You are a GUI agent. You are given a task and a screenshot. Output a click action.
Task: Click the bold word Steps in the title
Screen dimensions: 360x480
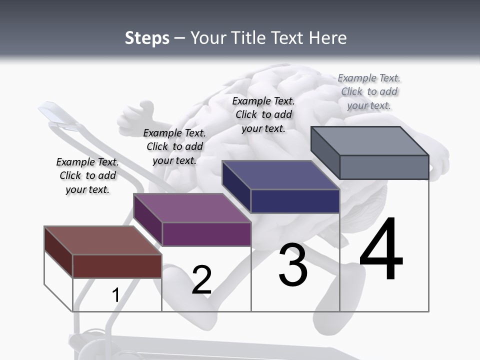tap(147, 38)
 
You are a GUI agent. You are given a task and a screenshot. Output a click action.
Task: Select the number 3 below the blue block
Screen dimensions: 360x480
tap(293, 265)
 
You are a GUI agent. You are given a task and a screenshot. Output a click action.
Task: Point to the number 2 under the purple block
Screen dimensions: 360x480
tap(201, 280)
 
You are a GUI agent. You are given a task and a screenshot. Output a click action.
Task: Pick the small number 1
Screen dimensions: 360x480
tap(115, 295)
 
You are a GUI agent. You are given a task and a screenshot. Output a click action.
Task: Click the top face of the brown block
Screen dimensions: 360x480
tap(102, 240)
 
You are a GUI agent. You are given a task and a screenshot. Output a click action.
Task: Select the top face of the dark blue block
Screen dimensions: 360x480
tap(280, 175)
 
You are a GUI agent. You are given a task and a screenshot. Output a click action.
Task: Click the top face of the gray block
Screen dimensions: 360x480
tap(370, 140)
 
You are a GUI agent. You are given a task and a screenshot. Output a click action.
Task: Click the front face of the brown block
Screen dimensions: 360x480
tap(117, 266)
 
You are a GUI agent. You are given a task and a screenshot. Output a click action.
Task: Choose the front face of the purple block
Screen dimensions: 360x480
tap(206, 234)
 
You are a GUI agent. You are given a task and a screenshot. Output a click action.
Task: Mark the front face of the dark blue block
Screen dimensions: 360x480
tap(295, 201)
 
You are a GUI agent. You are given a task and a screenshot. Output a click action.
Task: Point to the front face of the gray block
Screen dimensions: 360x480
tap(384, 167)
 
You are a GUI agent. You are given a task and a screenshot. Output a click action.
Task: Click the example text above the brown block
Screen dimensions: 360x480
tap(87, 175)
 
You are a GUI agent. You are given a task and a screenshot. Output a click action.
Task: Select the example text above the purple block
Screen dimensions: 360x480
tap(174, 146)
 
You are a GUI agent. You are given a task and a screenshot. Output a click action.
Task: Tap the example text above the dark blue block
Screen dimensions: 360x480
tap(263, 114)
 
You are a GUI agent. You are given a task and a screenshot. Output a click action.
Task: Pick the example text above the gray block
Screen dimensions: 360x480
tap(369, 91)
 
